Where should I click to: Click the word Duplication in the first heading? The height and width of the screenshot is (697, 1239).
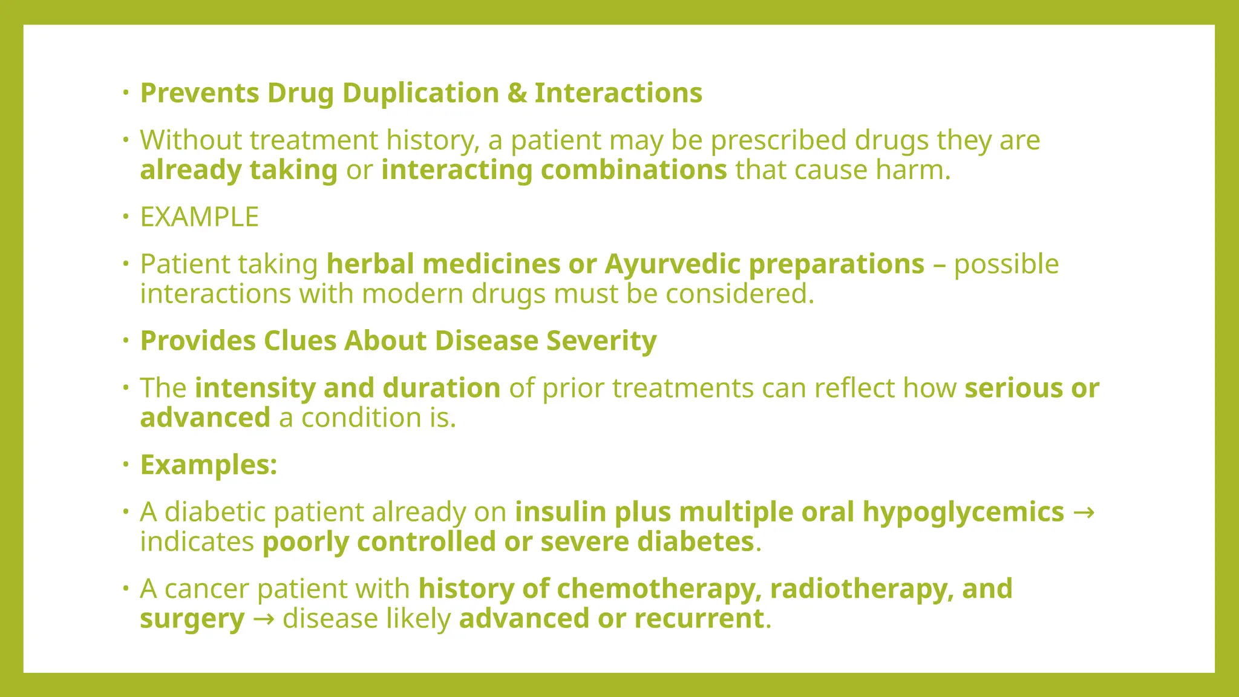tap(420, 93)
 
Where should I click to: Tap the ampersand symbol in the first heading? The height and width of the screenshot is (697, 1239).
tap(517, 93)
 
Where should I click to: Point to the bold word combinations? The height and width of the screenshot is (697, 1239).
tap(633, 170)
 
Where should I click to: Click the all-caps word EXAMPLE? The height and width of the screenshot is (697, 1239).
tap(199, 217)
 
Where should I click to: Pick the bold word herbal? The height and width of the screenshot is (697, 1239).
tap(370, 264)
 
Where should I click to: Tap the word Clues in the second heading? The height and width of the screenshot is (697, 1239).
tap(300, 341)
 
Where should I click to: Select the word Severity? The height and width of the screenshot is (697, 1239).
tap(601, 341)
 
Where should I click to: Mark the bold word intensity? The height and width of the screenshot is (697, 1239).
tap(255, 388)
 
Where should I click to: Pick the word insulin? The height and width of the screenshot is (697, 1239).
tap(560, 512)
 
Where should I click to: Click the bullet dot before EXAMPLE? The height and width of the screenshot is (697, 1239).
tap(125, 217)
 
